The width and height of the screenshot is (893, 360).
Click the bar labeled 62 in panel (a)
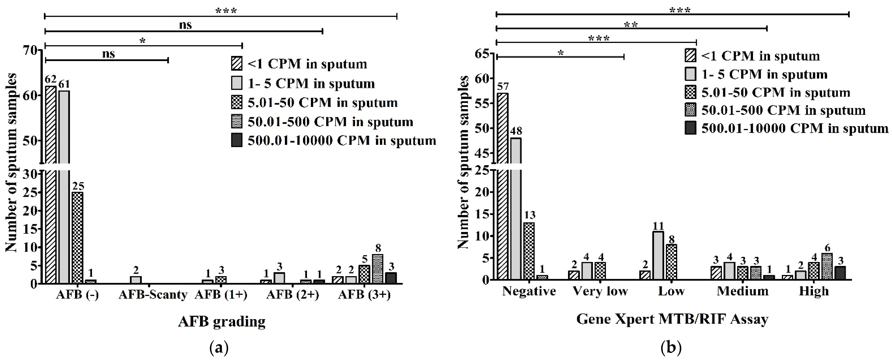point(51,184)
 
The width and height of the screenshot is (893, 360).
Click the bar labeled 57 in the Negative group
point(503,187)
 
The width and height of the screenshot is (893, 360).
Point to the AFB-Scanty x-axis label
point(153,295)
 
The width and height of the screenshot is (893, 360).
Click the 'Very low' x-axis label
point(600,291)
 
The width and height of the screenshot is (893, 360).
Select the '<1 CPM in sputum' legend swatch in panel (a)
point(237,64)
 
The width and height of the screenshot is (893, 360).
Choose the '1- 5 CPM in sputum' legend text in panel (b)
point(764,74)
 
